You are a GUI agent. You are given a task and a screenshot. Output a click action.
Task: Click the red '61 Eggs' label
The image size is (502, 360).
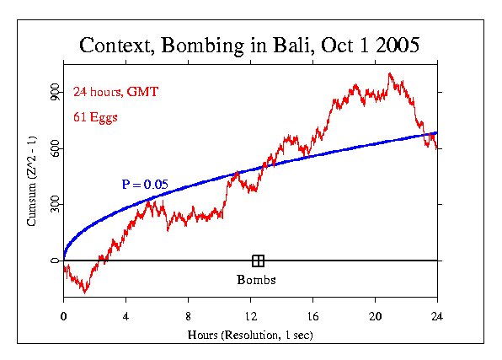(x=94, y=117)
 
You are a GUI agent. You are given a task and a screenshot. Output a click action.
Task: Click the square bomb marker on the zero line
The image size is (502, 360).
(x=258, y=261)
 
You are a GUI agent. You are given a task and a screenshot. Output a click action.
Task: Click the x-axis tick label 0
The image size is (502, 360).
(x=63, y=316)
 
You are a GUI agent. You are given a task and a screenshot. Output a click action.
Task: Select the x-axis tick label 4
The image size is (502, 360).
(x=125, y=316)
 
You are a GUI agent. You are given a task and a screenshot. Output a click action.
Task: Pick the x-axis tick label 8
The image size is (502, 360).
(x=188, y=316)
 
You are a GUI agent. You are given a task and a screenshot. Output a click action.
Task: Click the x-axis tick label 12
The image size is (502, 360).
(x=250, y=316)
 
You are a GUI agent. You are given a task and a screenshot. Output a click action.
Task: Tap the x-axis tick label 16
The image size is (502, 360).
(x=312, y=316)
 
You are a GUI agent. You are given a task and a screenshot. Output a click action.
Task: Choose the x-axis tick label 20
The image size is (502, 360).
(x=375, y=316)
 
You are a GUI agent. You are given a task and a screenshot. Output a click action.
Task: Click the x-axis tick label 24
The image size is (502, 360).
(x=437, y=316)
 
